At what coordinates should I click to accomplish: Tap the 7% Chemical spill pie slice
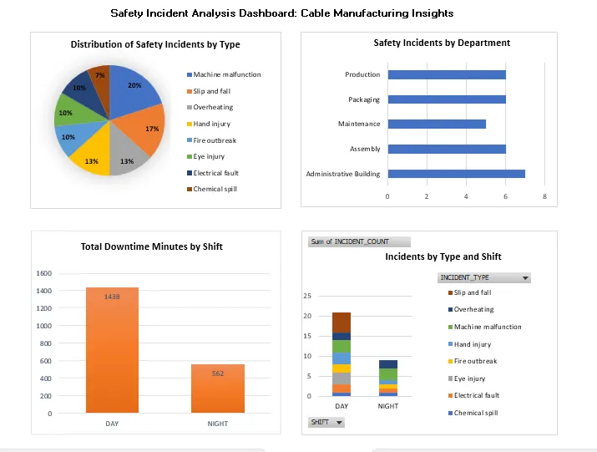click(99, 76)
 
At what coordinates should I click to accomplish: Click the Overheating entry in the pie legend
click(213, 107)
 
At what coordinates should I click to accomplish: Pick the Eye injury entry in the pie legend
click(209, 156)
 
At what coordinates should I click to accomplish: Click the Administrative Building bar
click(457, 174)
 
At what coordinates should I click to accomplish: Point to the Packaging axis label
click(363, 99)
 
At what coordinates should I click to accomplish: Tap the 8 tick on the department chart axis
click(544, 196)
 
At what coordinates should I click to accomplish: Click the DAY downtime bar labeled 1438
click(112, 351)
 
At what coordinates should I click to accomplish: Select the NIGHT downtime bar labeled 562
click(217, 389)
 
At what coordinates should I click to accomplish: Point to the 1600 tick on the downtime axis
click(44, 273)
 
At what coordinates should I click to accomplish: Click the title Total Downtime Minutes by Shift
click(151, 246)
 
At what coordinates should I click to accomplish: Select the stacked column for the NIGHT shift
click(388, 378)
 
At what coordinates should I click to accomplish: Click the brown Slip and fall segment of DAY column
click(342, 322)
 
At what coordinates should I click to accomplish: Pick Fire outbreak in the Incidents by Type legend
click(475, 361)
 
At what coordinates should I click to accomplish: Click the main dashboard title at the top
click(282, 13)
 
